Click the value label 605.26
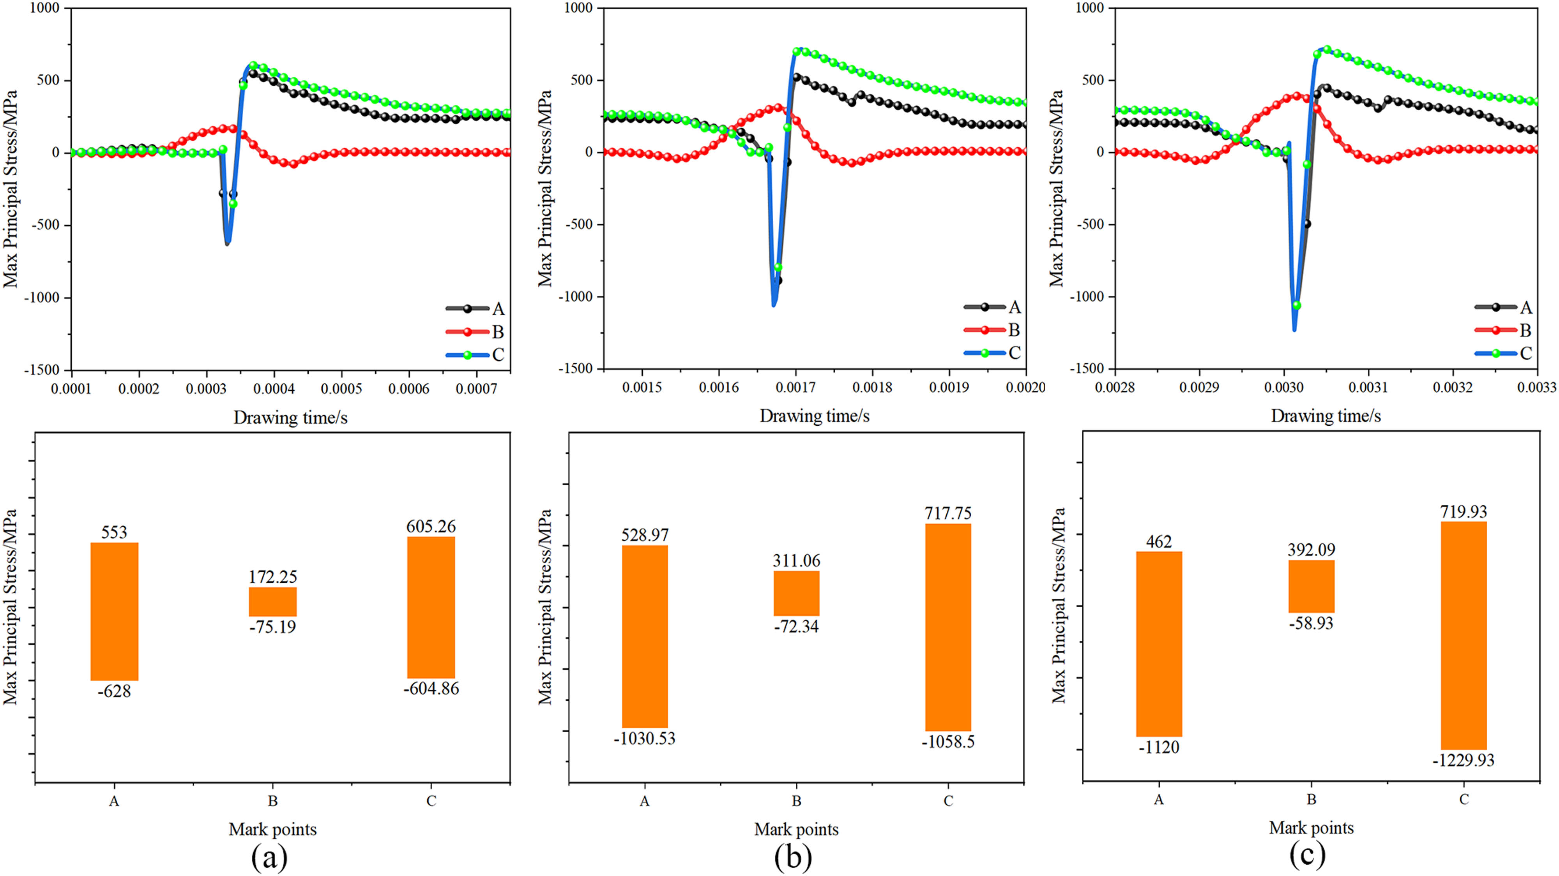tap(431, 526)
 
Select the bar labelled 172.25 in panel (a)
tap(273, 601)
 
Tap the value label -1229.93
tap(1464, 760)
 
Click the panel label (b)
tap(793, 857)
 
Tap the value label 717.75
tap(948, 514)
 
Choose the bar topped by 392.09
tap(1312, 586)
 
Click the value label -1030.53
tap(645, 739)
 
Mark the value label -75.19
tap(273, 627)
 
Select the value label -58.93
tap(1312, 624)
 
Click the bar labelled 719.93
tap(1464, 635)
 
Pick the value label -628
tap(114, 691)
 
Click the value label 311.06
tap(796, 561)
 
